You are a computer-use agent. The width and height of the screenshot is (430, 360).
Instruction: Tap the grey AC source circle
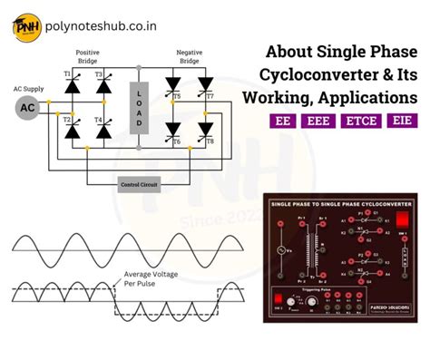[x=28, y=108]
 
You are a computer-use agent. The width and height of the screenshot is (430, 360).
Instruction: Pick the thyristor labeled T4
[x=103, y=131]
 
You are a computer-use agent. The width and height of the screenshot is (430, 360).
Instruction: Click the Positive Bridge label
[x=88, y=57]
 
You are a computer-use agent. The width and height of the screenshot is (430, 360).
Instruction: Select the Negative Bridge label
[x=189, y=57]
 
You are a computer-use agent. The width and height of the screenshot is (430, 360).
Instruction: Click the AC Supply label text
[x=27, y=88]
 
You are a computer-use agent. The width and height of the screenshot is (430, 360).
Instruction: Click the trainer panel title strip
[x=341, y=204]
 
